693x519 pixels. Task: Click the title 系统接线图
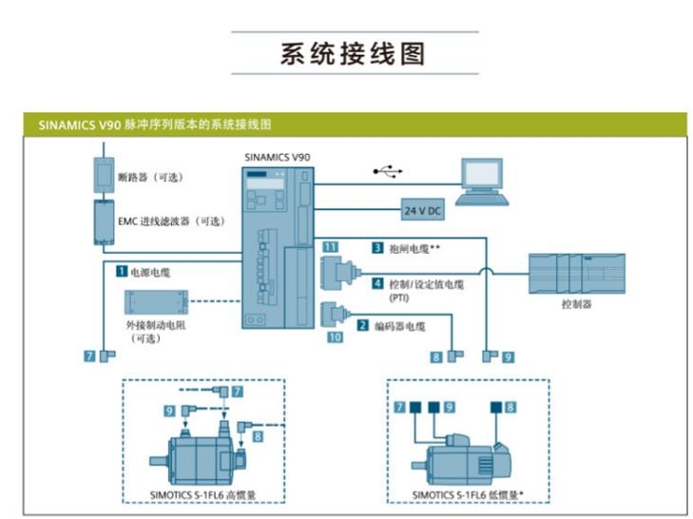coord(352,53)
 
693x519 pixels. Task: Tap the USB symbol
coord(387,171)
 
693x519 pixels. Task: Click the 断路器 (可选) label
coord(149,177)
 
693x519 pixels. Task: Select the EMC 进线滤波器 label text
coord(172,221)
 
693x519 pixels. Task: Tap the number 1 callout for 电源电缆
coord(122,271)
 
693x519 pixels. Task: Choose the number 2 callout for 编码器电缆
coord(362,325)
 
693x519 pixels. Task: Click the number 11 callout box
coord(330,247)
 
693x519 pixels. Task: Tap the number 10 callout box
coord(334,336)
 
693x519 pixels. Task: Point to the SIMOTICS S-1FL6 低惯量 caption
coord(469,494)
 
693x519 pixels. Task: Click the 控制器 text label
coord(575,304)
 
